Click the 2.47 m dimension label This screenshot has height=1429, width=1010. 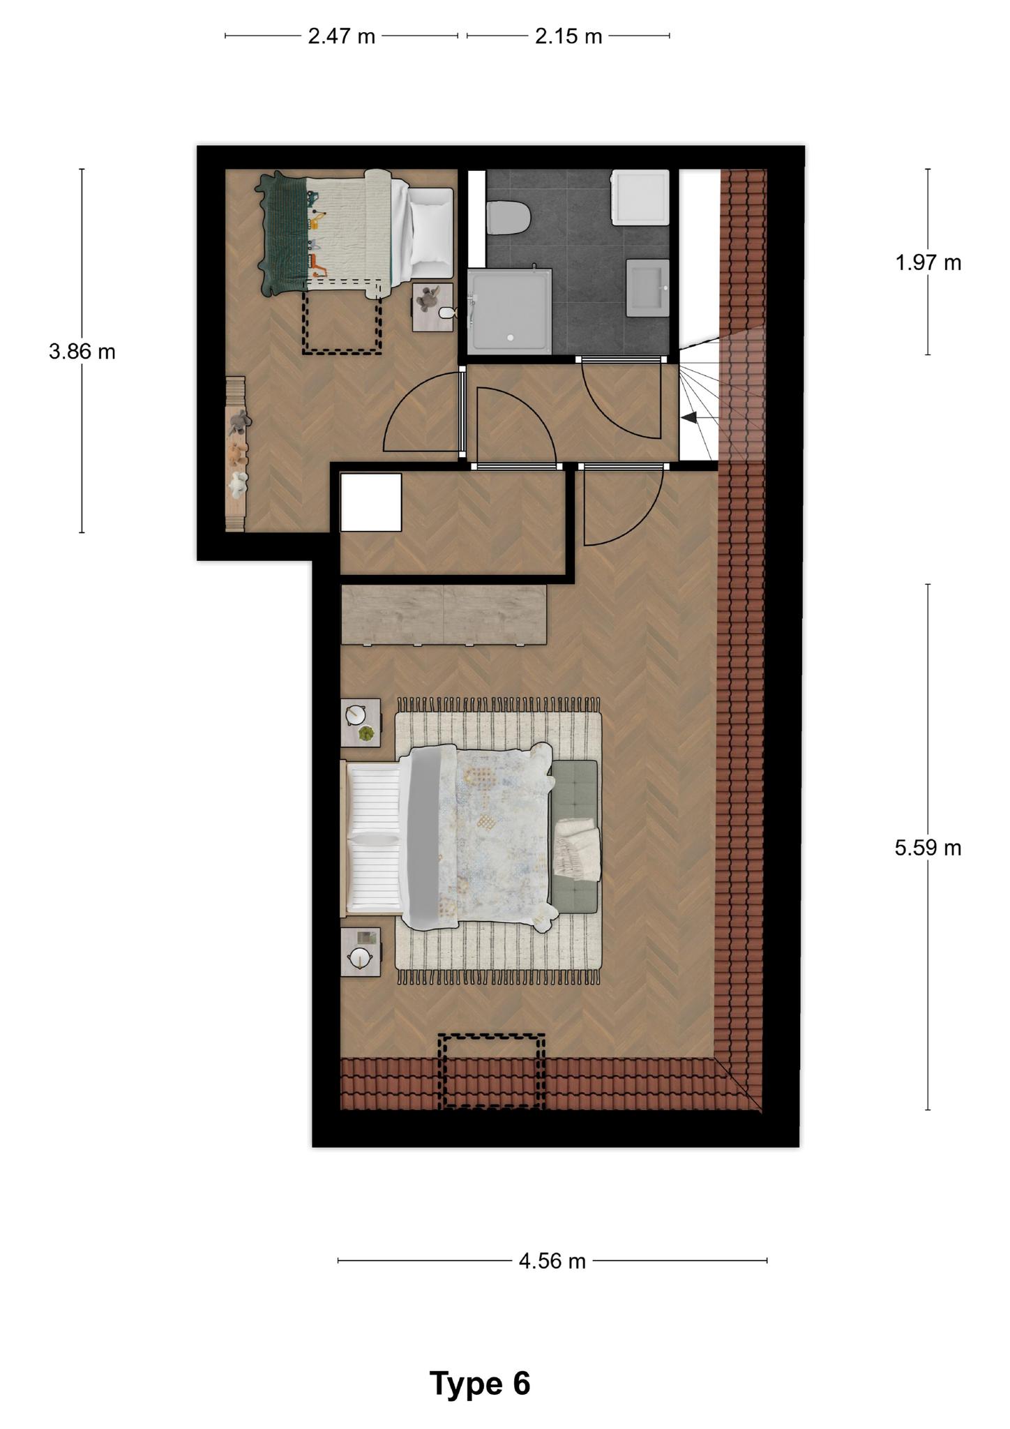coord(342,36)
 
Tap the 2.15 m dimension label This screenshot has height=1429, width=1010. coord(568,36)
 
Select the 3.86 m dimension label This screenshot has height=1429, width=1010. coord(82,351)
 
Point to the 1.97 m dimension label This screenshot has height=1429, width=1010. coord(928,262)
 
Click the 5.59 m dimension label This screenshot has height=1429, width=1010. coord(928,847)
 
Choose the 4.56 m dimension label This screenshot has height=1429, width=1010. coord(552,1261)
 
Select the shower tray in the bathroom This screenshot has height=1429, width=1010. coord(510,311)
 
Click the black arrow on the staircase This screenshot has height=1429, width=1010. coord(688,417)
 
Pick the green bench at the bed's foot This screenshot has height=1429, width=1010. coord(574,836)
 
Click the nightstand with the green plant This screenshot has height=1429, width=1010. coord(361,722)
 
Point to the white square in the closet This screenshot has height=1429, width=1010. coord(370,502)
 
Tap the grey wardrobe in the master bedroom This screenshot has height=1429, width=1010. coord(444,615)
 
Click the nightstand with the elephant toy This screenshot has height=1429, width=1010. coord(432,307)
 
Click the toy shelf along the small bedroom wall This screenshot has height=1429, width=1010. coord(236,454)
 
